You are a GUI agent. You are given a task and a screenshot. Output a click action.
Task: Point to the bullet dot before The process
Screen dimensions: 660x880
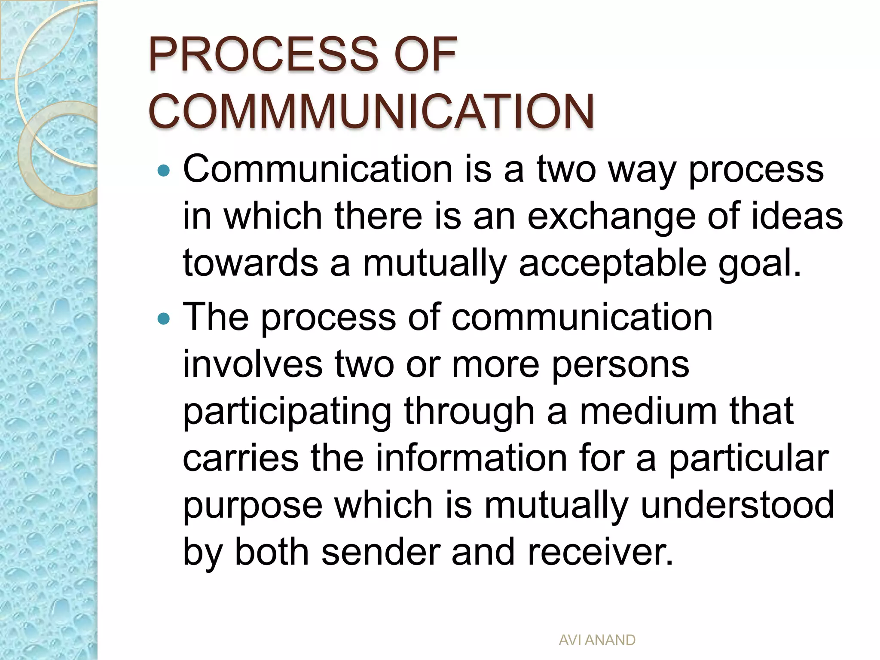coord(164,319)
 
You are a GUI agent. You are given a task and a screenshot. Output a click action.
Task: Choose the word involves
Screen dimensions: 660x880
coord(253,364)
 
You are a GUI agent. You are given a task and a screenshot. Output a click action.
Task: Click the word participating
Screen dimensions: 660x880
coord(287,412)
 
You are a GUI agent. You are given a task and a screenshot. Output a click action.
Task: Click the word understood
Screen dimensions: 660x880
coord(737,505)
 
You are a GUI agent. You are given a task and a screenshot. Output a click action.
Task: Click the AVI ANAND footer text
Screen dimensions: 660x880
coord(597,640)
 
